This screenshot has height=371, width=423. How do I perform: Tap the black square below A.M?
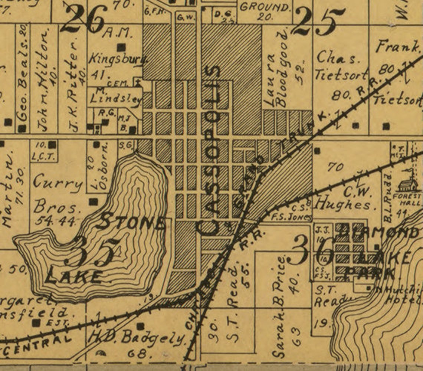121,47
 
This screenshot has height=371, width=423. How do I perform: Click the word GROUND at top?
264,7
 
